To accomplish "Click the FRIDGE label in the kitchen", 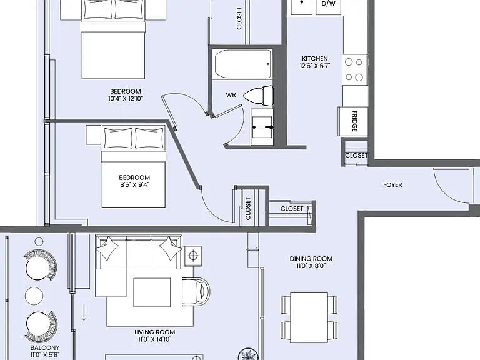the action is [355, 121].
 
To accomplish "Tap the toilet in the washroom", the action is [259, 96].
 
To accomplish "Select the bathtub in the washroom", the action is [243, 64].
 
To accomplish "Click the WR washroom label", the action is [231, 95].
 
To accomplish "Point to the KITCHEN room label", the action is [315, 59].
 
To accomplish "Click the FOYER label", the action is [392, 184].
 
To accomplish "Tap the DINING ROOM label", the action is [311, 259].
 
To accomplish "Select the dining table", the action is [309, 317].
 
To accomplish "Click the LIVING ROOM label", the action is [155, 332].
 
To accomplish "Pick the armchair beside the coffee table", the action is [196, 292].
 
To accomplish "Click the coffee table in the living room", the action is [152, 292].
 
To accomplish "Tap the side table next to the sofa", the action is [193, 255].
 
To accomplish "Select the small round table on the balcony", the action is [34, 296].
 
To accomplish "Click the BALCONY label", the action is [45, 347].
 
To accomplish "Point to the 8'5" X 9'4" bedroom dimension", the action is [135, 184].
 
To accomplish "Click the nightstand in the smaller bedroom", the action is [93, 135].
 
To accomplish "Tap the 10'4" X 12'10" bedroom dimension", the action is [126, 99].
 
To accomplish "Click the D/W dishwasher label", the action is [329, 4].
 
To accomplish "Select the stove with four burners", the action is [354, 69].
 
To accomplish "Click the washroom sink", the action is [262, 127].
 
